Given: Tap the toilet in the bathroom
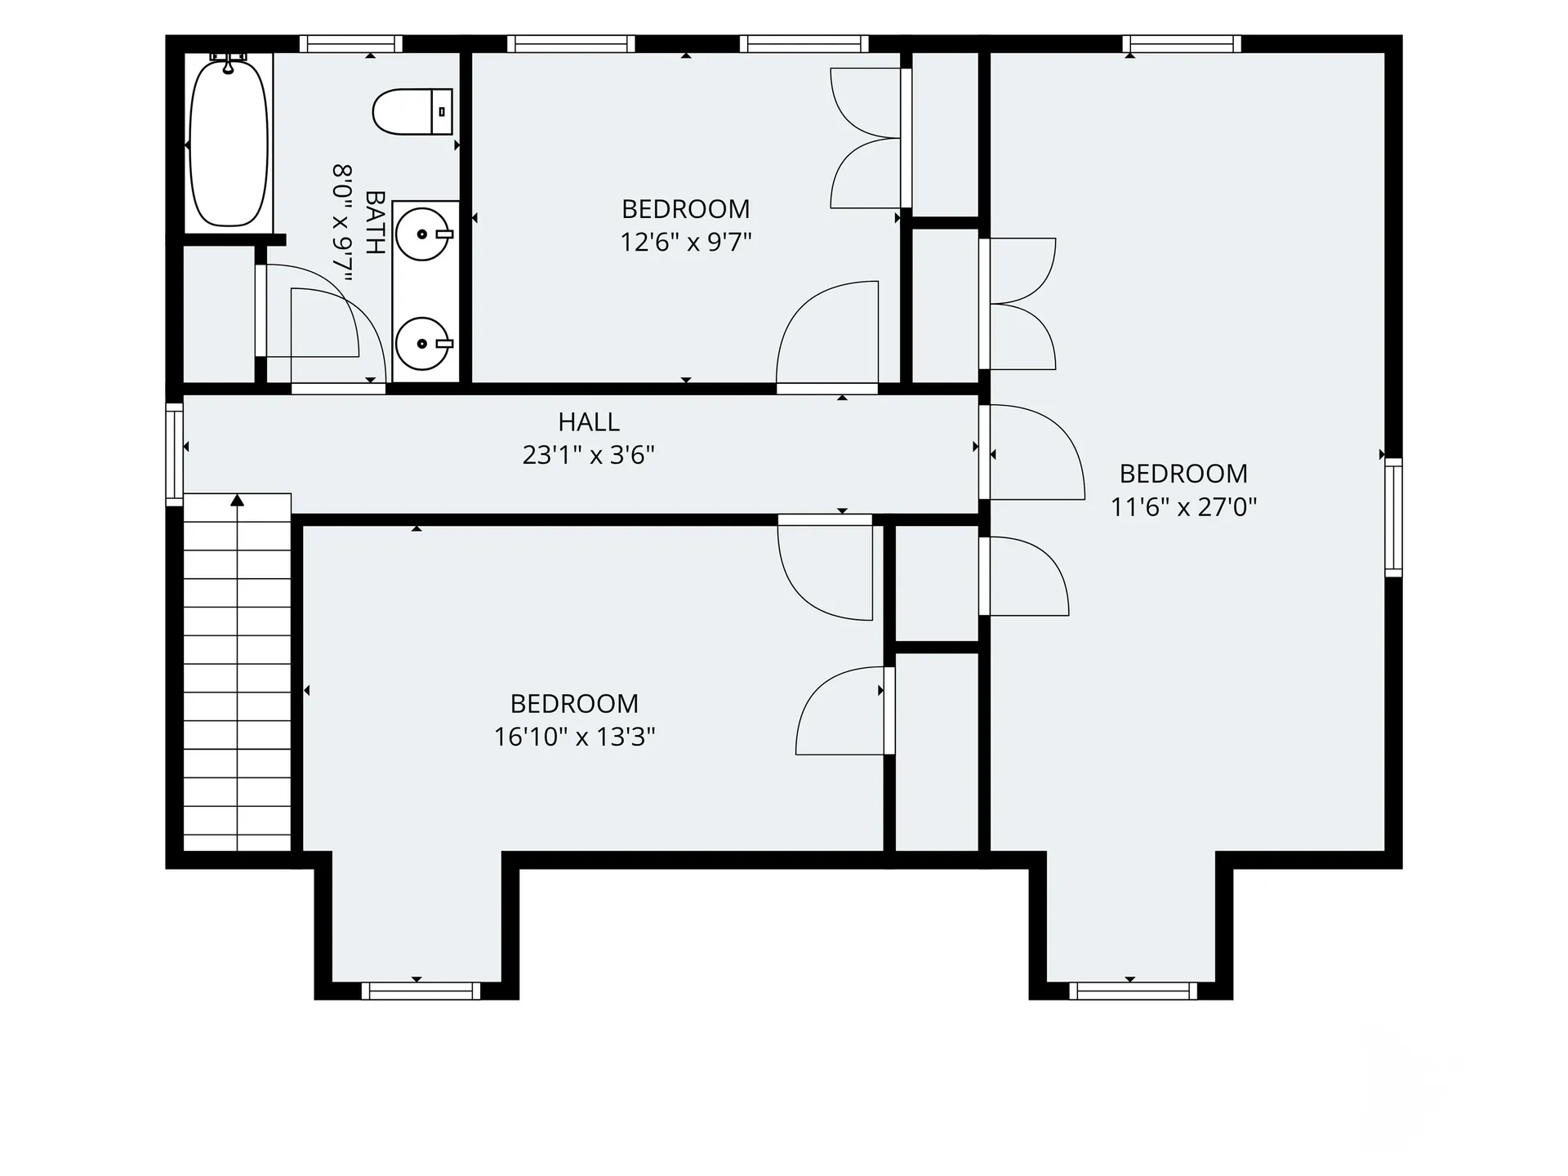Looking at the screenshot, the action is point(412,112).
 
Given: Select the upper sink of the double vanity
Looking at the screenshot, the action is point(424,234).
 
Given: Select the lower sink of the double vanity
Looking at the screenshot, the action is point(424,344).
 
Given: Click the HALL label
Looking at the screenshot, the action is point(589,422).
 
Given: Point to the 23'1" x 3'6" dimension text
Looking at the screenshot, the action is point(589,455).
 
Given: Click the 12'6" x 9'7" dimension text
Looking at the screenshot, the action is point(686,243).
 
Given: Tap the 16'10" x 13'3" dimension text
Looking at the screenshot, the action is point(575,737).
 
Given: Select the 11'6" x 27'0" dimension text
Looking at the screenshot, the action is point(1183,507).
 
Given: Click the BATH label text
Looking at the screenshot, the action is point(375,222).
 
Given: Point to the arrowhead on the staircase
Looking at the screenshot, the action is point(237,500).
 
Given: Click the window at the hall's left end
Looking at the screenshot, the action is point(174,454).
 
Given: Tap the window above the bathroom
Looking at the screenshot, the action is point(351,44).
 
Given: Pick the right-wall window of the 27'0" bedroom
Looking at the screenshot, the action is point(1393,518).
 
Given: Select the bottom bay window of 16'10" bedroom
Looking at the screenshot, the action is point(421,991).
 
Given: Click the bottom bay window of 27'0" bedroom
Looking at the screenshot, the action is point(1133,991).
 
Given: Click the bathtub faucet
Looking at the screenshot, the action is point(229,60).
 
